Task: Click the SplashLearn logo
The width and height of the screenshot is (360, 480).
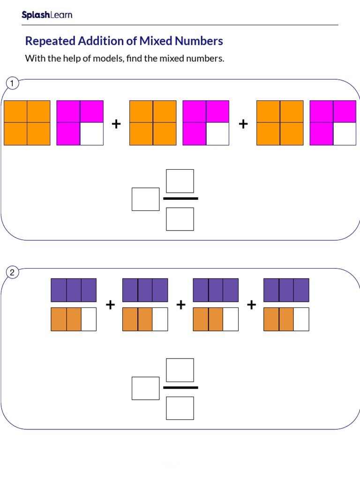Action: pyautogui.click(x=47, y=15)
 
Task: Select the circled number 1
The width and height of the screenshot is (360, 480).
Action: pyautogui.click(x=12, y=84)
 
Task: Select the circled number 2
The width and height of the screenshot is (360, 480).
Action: pyautogui.click(x=12, y=273)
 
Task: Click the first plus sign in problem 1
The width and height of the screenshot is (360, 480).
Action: pyautogui.click(x=116, y=124)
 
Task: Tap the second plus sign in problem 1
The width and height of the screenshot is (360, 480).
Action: pyautogui.click(x=243, y=124)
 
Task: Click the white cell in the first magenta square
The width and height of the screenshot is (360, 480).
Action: pyautogui.click(x=91, y=134)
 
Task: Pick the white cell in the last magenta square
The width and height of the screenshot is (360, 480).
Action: pyautogui.click(x=345, y=134)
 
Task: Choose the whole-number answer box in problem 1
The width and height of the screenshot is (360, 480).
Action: pyautogui.click(x=145, y=199)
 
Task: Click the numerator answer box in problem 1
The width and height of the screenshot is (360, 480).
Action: pyautogui.click(x=180, y=181)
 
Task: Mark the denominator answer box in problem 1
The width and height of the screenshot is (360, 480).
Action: pyautogui.click(x=180, y=219)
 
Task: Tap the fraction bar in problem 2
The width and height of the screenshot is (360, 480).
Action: pyautogui.click(x=180, y=388)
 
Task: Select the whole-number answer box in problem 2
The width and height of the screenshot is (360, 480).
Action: pyautogui.click(x=145, y=388)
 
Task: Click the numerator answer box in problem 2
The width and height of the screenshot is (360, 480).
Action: pyautogui.click(x=180, y=370)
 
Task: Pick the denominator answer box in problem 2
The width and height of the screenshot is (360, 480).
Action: pyautogui.click(x=180, y=408)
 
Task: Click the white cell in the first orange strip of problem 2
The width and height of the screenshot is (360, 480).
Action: pyautogui.click(x=89, y=319)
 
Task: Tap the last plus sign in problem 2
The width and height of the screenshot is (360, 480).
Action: pyautogui.click(x=251, y=305)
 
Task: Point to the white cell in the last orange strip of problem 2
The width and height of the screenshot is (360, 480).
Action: pyautogui.click(x=301, y=319)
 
